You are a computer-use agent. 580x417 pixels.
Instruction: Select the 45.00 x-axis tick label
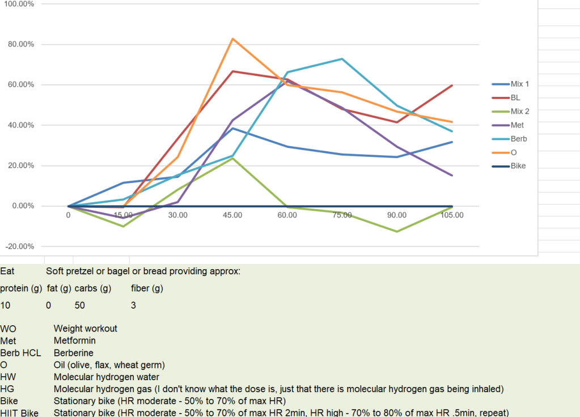pyautogui.click(x=232, y=215)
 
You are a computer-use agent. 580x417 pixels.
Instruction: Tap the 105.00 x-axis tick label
pyautogui.click(x=452, y=215)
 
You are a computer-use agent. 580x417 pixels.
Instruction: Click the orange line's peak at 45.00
pyautogui.click(x=232, y=39)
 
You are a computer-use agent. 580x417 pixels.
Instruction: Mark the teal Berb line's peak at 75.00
pyautogui.click(x=342, y=59)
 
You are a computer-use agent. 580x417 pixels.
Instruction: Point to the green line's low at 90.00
pyautogui.click(x=397, y=231)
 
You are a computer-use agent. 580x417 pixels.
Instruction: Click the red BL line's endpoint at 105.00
pyautogui.click(x=452, y=86)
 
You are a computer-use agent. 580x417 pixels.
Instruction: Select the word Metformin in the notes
pyautogui.click(x=74, y=341)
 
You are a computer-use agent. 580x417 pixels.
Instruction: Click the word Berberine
pyautogui.click(x=73, y=353)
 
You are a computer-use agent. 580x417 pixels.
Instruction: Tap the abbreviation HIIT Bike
pyautogui.click(x=19, y=413)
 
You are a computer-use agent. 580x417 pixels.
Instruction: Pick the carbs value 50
pyautogui.click(x=79, y=306)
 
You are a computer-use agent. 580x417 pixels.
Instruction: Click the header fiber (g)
pyautogui.click(x=147, y=288)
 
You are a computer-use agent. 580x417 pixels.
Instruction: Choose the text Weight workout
pyautogui.click(x=85, y=329)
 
